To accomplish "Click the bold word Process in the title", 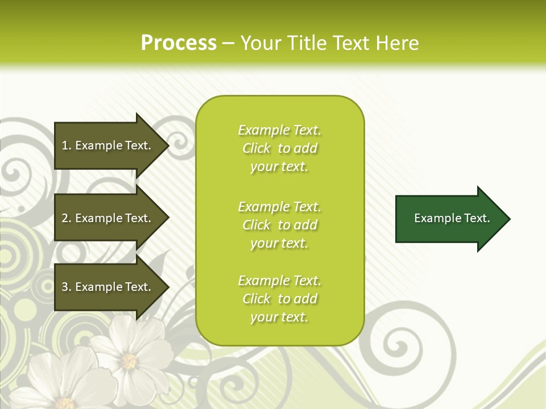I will pyautogui.click(x=179, y=43).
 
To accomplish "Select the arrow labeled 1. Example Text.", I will pyautogui.click(x=108, y=145).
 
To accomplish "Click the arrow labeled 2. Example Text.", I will pyautogui.click(x=108, y=218).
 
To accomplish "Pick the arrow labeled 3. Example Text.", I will pyautogui.click(x=108, y=287).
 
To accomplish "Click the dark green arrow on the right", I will pyautogui.click(x=449, y=219).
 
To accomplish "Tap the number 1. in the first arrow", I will pyautogui.click(x=67, y=145).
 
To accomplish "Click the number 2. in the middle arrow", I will pyautogui.click(x=67, y=218).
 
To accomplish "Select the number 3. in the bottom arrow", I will pyautogui.click(x=67, y=287).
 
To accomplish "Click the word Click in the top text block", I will pyautogui.click(x=257, y=148).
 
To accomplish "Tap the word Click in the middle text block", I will pyautogui.click(x=257, y=225).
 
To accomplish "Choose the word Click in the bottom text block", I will pyautogui.click(x=257, y=299).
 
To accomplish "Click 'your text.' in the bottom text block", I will pyautogui.click(x=279, y=317).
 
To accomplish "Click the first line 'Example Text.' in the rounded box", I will pyautogui.click(x=279, y=130).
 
